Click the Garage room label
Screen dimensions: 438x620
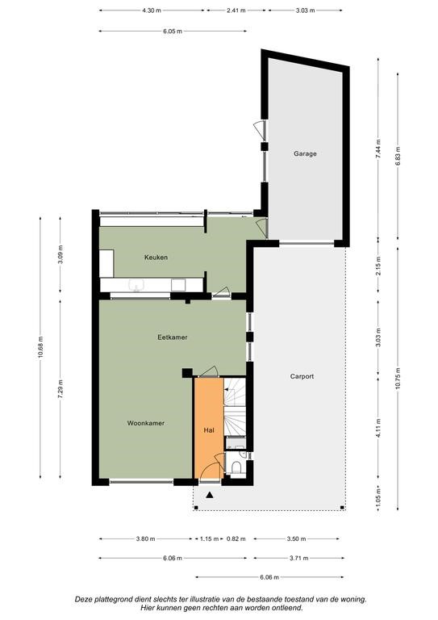point(305,153)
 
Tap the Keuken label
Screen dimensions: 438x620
point(156,258)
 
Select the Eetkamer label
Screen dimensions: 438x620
point(172,337)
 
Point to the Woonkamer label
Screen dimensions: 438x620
point(146,423)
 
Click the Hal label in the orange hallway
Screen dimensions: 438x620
point(209,430)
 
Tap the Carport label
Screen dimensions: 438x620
point(302,376)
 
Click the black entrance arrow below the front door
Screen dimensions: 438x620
point(210,495)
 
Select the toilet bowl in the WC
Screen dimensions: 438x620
point(236,467)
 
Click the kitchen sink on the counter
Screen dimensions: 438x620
point(136,285)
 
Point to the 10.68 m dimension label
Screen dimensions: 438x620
point(40,348)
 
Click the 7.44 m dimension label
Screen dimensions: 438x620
point(378,149)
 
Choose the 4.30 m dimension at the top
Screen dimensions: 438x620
point(152,10)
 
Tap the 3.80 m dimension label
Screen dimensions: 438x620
point(145,538)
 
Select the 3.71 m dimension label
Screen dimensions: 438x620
point(299,559)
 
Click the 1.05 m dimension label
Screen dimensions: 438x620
point(378,498)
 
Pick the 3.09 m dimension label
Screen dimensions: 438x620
point(60,255)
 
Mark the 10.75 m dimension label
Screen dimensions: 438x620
point(398,379)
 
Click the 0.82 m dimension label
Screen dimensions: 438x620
point(236,538)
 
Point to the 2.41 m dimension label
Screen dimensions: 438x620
point(236,10)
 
